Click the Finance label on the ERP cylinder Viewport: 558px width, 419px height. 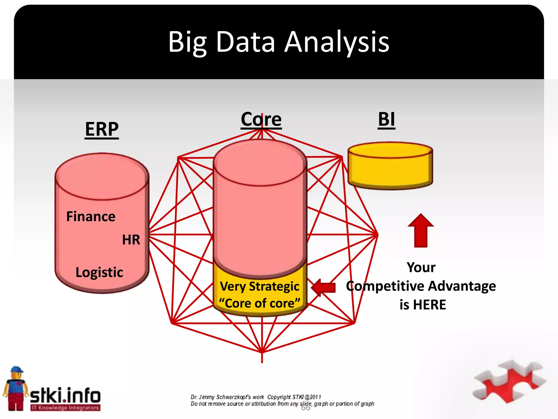pyautogui.click(x=91, y=217)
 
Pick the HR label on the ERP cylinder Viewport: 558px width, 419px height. pyautogui.click(x=131, y=240)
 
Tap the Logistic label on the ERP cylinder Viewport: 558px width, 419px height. pyautogui.click(x=99, y=272)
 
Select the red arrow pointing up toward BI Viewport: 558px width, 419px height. pyautogui.click(x=421, y=231)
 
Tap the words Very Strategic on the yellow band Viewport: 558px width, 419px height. pyautogui.click(x=259, y=286)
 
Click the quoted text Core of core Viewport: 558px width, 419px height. pyautogui.click(x=259, y=303)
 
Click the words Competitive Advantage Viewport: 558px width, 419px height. pyautogui.click(x=421, y=286)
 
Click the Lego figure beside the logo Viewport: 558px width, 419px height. pyautogui.click(x=16, y=389)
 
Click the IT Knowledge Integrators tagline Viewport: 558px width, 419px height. pyautogui.click(x=65, y=408)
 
